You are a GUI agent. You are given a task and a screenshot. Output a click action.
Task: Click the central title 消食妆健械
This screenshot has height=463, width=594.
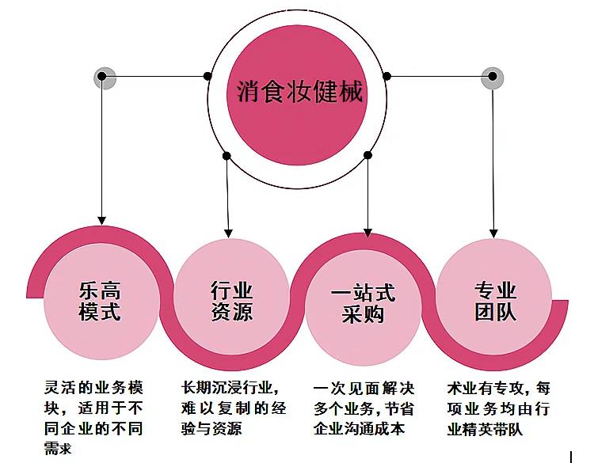[x=300, y=93]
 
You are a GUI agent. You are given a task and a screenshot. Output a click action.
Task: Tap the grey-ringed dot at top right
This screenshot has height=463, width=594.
[x=493, y=77]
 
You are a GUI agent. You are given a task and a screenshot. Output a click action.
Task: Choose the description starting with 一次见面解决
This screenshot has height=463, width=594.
[x=364, y=408]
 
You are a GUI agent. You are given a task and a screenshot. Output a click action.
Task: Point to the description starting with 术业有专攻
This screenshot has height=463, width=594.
[x=498, y=408]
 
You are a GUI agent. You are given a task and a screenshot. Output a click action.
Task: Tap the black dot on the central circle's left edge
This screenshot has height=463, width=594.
[x=208, y=77]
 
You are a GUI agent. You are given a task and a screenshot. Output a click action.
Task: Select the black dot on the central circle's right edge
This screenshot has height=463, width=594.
[x=387, y=77]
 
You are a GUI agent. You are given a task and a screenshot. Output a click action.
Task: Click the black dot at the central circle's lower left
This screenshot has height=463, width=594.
[x=227, y=155]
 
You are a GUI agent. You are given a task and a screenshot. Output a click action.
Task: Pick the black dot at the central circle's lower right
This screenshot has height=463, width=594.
[x=368, y=155]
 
